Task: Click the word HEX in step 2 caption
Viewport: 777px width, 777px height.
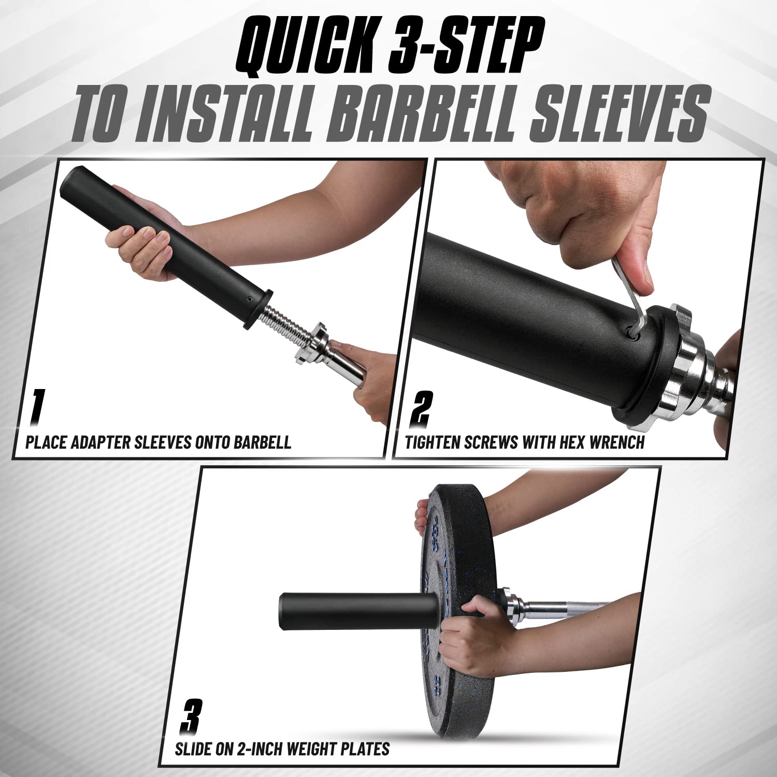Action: point(570,442)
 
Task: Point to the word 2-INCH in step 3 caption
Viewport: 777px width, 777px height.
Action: point(256,749)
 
